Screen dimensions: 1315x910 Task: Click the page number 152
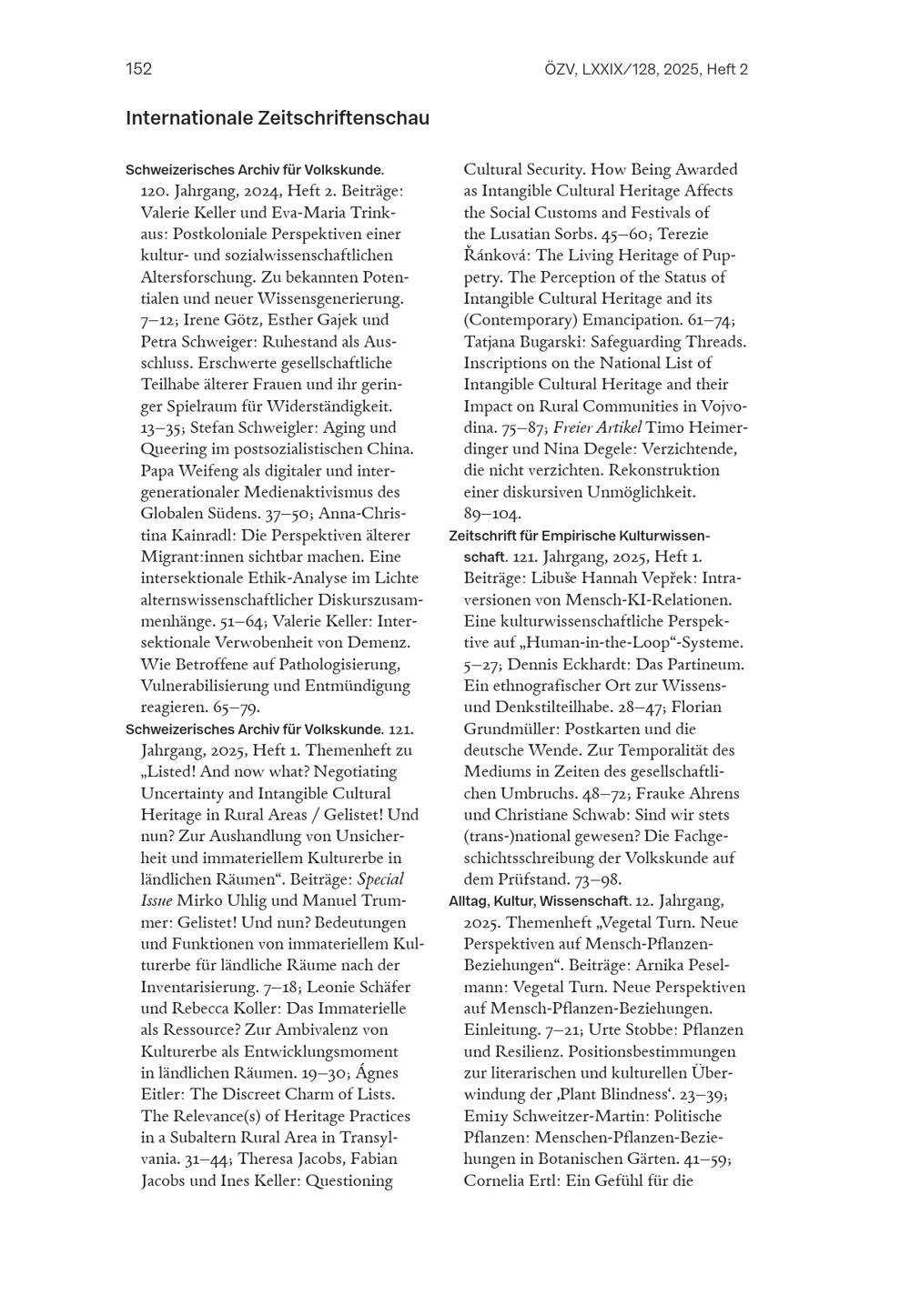(138, 69)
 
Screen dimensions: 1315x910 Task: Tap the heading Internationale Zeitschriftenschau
(278, 118)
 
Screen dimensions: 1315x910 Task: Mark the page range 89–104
(492, 514)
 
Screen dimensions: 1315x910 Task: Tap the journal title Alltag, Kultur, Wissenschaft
(540, 901)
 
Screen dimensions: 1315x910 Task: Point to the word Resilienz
(499, 1052)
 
